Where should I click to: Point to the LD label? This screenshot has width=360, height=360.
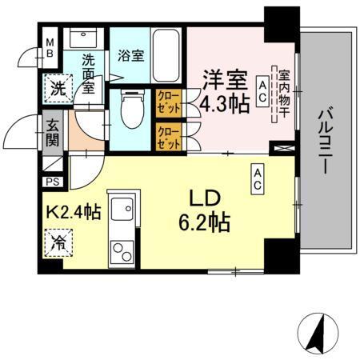[204, 196]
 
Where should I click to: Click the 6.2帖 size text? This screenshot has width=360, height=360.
[204, 220]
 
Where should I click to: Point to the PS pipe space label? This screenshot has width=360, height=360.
[52, 182]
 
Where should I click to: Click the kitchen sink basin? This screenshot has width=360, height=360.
[123, 212]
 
